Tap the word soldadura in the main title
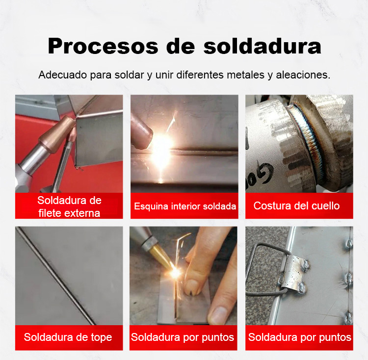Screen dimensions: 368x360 [262, 46]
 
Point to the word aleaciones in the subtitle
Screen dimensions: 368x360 [303, 75]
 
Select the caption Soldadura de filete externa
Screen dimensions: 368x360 [69, 206]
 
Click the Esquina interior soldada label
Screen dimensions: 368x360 [185, 206]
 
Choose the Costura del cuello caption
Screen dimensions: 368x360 [296, 206]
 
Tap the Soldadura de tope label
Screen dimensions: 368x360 [68, 337]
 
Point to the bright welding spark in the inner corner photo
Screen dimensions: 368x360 [161, 145]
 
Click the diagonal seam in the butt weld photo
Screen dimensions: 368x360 [55, 276]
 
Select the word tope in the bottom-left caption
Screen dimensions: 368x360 [102, 337]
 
